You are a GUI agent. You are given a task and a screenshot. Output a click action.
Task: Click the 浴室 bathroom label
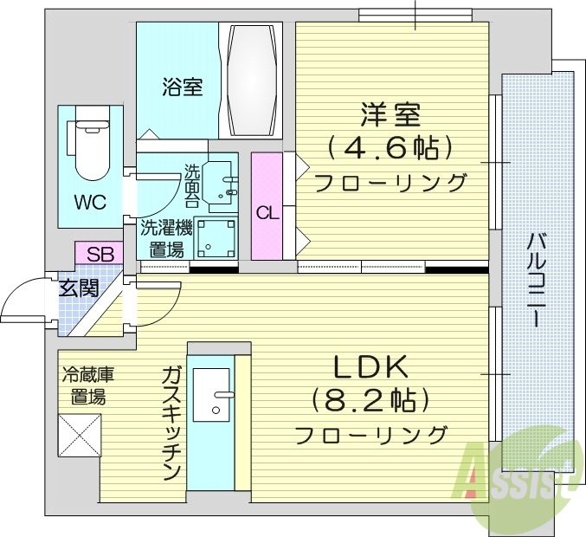[182, 87]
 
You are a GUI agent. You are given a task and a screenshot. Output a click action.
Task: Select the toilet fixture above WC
[90, 144]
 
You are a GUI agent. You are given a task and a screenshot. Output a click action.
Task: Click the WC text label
[89, 203]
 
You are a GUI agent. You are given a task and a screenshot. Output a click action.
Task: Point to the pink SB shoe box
[100, 254]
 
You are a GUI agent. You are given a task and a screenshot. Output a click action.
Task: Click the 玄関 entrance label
[78, 288]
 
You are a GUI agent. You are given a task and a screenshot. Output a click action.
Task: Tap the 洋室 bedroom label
[390, 115]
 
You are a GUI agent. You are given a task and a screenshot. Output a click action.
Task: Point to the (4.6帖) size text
[390, 148]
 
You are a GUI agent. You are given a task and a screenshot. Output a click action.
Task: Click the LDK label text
[370, 367]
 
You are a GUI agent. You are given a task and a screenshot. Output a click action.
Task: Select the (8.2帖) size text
[370, 400]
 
